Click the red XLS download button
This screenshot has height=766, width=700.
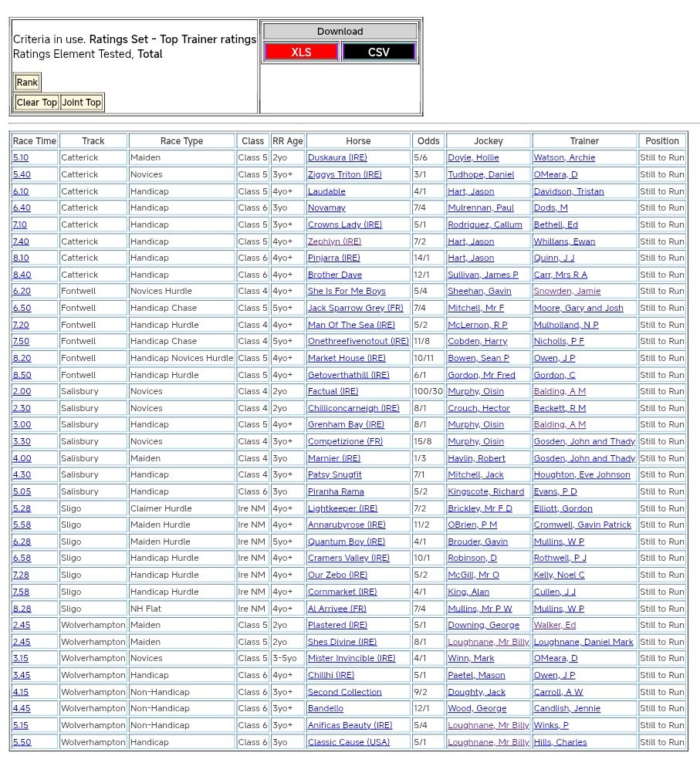click(301, 52)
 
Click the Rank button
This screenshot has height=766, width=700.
click(27, 83)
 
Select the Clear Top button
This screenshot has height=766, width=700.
click(37, 103)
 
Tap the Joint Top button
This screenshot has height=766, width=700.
click(82, 103)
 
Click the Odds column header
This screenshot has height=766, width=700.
click(428, 141)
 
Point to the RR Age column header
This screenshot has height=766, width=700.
click(288, 141)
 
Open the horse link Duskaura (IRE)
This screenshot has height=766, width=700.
click(337, 158)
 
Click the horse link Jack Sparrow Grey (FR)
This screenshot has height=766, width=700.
click(355, 309)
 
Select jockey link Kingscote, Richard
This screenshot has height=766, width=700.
click(485, 492)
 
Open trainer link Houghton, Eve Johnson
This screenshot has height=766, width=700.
click(582, 475)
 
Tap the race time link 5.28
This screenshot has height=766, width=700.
click(22, 509)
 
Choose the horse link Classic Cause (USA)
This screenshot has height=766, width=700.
click(349, 743)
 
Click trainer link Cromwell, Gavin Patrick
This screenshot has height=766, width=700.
click(583, 525)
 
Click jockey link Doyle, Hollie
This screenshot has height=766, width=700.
click(473, 158)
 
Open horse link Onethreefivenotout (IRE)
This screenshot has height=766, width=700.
click(358, 342)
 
